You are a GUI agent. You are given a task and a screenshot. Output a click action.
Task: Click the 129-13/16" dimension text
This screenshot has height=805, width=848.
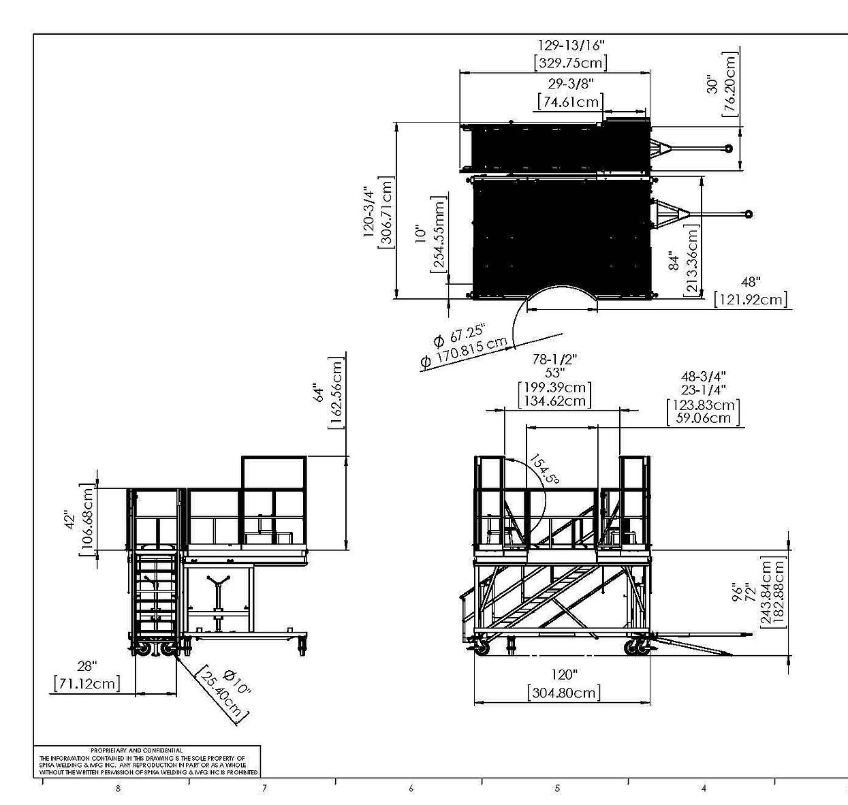click(x=571, y=45)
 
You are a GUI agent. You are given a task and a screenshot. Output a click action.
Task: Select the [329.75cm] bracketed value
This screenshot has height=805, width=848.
click(x=571, y=63)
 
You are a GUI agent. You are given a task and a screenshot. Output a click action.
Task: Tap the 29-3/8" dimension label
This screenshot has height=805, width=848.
click(x=571, y=84)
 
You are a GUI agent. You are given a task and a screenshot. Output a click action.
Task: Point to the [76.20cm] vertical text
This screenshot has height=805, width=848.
click(x=730, y=84)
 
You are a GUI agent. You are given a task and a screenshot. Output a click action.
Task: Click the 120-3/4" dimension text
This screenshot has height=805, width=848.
click(x=370, y=210)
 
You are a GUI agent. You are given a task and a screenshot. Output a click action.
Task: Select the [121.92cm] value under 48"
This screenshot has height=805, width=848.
click(x=750, y=299)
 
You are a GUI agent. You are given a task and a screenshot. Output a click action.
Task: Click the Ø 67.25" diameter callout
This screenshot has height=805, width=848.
click(x=459, y=334)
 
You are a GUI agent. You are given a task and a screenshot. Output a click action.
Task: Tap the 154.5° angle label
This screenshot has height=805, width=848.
click(x=544, y=470)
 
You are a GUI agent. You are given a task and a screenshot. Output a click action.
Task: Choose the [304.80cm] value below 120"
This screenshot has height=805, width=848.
click(x=564, y=693)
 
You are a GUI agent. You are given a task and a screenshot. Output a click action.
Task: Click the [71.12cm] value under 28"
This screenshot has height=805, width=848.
click(x=87, y=683)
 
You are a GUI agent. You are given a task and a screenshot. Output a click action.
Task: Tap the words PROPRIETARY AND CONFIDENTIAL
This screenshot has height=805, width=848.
click(x=136, y=750)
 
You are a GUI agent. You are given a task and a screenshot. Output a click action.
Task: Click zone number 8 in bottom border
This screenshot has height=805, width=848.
click(x=118, y=789)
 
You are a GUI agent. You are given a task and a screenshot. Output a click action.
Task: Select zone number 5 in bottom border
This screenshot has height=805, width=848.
click(x=556, y=789)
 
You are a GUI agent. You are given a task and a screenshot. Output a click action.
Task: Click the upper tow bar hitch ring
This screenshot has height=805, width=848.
click(x=728, y=148)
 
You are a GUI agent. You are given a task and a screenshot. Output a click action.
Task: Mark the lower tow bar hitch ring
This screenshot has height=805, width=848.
click(x=749, y=214)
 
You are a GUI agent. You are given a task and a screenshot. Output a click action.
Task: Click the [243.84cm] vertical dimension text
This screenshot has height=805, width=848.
click(x=765, y=593)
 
